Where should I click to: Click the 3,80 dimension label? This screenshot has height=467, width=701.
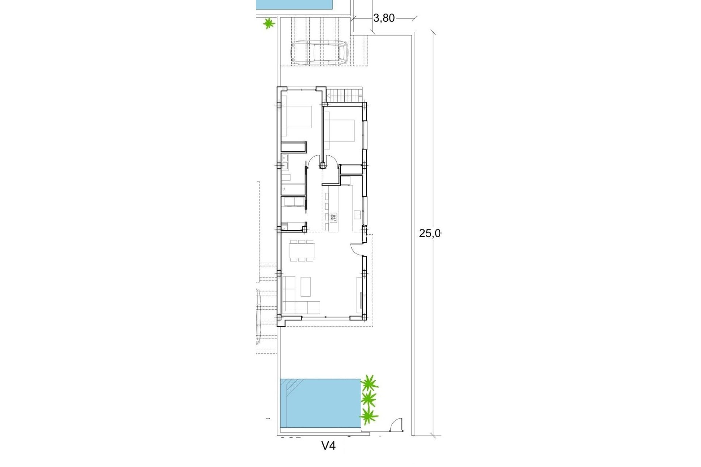click(384, 18)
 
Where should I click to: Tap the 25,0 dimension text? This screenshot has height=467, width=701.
click(430, 233)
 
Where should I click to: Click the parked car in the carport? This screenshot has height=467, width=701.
click(319, 53)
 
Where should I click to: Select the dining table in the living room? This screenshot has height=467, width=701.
click(302, 250)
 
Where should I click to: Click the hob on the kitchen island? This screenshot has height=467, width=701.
click(333, 218)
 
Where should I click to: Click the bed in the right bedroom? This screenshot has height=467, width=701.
click(340, 130)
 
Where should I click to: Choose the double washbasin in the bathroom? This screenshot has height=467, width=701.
click(285, 163)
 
